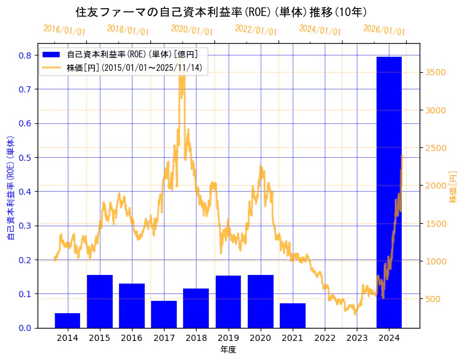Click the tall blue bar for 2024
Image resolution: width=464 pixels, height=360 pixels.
pyautogui.click(x=389, y=192)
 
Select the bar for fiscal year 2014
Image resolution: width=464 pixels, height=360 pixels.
pyautogui.click(x=67, y=321)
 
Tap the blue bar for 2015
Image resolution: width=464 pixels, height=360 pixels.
pyautogui.click(x=99, y=301)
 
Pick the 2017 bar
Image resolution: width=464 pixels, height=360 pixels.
pyautogui.click(x=164, y=314)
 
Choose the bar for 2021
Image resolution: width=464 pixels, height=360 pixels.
pyautogui.click(x=293, y=316)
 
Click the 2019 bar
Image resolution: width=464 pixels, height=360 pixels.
pyautogui.click(x=228, y=301)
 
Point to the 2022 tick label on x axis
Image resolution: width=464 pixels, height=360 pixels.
pyautogui.click(x=325, y=338)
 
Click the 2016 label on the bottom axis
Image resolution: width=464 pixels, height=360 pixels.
pyautogui.click(x=132, y=338)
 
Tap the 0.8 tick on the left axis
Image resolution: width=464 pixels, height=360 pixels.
pyautogui.click(x=25, y=55)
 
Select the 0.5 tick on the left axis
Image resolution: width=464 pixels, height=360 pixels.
pyautogui.click(x=25, y=157)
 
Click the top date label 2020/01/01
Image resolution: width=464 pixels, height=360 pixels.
pyautogui.click(x=192, y=30)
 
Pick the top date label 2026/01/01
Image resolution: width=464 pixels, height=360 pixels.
pyautogui.click(x=384, y=30)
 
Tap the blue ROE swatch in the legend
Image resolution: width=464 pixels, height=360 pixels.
pyautogui.click(x=52, y=54)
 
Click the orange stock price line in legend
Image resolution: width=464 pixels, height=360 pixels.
pyautogui.click(x=52, y=67)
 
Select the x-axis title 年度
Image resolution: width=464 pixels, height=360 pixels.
pyautogui.click(x=228, y=350)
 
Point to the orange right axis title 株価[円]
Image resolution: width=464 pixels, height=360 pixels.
pyautogui.click(x=454, y=187)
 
